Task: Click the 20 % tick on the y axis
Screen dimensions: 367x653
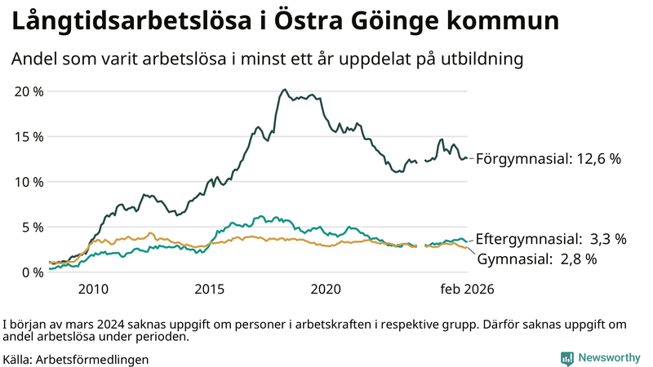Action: pyautogui.click(x=29, y=91)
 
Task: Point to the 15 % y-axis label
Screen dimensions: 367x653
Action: pyautogui.click(x=29, y=136)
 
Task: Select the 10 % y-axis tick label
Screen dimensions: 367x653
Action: pyautogui.click(x=29, y=181)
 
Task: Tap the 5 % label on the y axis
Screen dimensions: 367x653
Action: pyautogui.click(x=32, y=227)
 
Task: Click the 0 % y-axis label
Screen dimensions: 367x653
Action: pyautogui.click(x=32, y=272)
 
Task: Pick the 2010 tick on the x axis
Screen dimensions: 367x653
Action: pyautogui.click(x=93, y=290)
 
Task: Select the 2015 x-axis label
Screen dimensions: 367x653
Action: pyautogui.click(x=210, y=290)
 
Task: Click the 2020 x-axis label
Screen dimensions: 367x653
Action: pyautogui.click(x=326, y=290)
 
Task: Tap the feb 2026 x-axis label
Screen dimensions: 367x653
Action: pyautogui.click(x=467, y=290)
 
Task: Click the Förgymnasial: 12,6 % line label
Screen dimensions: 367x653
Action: pyautogui.click(x=549, y=159)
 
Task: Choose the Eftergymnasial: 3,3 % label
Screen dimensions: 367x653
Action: pyautogui.click(x=551, y=239)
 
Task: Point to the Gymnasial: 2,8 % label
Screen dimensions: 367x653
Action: pyautogui.click(x=537, y=259)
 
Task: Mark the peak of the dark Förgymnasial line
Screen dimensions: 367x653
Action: pyautogui.click(x=284, y=90)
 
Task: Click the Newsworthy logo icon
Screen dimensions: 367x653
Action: pyautogui.click(x=566, y=358)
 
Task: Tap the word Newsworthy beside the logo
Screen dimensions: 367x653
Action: pyautogui.click(x=610, y=358)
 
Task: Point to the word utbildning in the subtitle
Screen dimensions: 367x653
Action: pyautogui.click(x=482, y=60)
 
